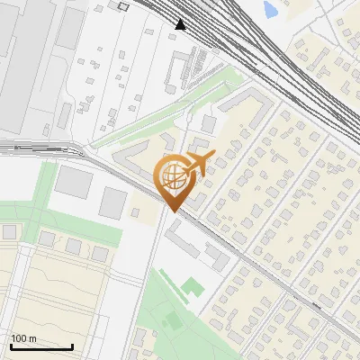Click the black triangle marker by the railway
(181, 23)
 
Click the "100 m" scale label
(24, 338)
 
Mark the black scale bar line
(41, 346)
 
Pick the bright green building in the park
(193, 287)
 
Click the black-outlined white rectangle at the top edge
(123, 5)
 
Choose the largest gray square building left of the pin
(73, 181)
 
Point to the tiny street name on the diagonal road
(314, 305)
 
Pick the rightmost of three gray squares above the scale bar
(99, 254)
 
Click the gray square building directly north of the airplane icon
(209, 123)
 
